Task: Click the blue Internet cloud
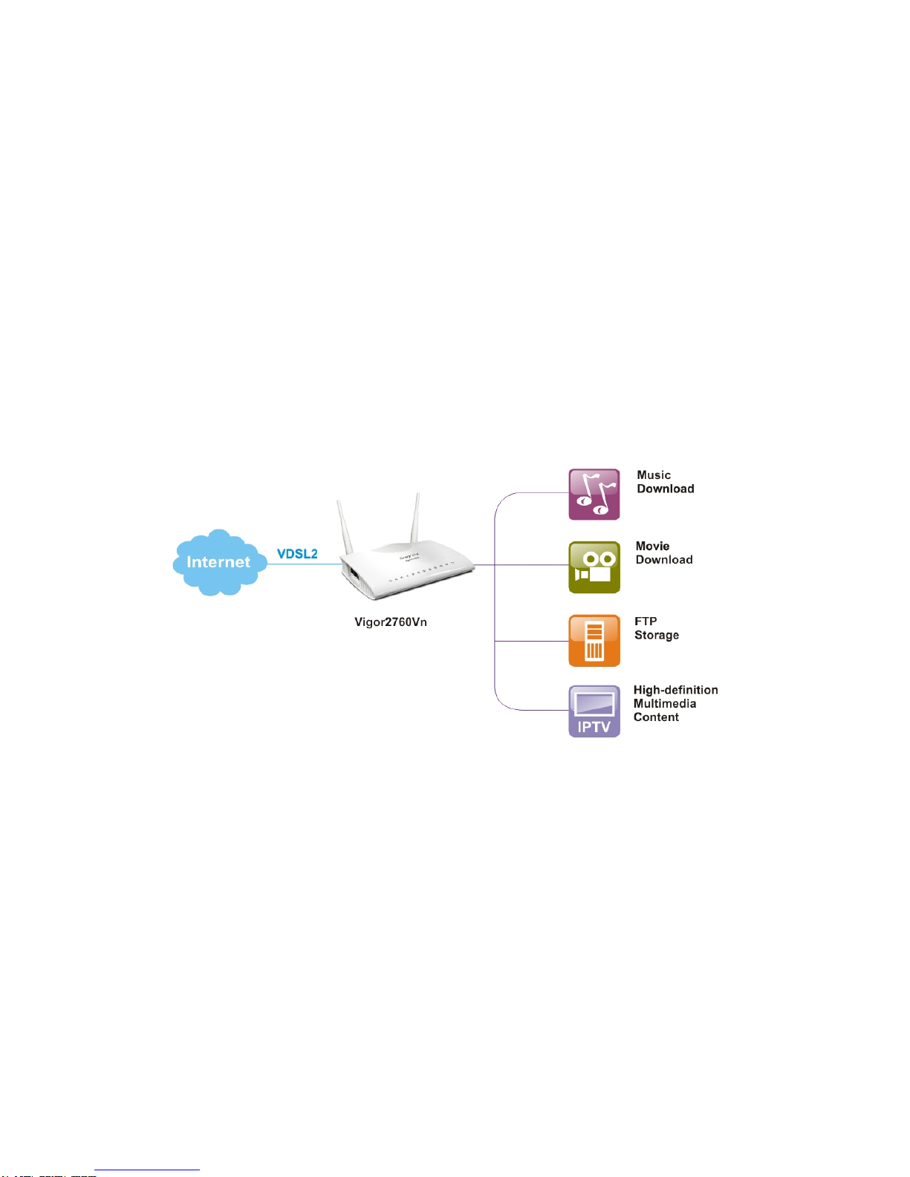point(218,562)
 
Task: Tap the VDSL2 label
point(297,554)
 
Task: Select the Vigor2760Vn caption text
point(391,622)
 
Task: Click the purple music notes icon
point(594,495)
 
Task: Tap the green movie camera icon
point(594,567)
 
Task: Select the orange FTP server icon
point(594,640)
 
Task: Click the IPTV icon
point(594,711)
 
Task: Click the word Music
point(654,475)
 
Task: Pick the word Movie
point(652,547)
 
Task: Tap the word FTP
point(646,622)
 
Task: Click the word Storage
point(657,636)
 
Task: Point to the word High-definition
point(675,691)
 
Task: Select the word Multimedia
point(665,704)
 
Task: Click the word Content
point(656,717)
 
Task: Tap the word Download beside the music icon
point(666,489)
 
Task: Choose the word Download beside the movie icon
point(664,560)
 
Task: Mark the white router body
point(409,572)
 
